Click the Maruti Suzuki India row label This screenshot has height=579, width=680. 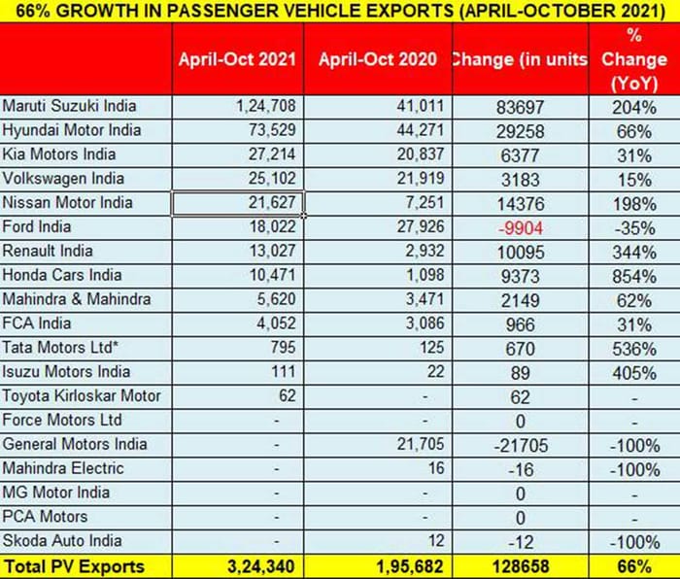pos(70,106)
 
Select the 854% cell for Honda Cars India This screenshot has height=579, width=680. pos(635,275)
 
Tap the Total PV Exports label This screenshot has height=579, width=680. pos(74,565)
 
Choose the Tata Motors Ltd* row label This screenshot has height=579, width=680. pos(64,348)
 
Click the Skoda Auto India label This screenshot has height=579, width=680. pos(61,540)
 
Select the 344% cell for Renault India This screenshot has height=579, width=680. pos(635,252)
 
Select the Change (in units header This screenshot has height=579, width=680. pos(519,59)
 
